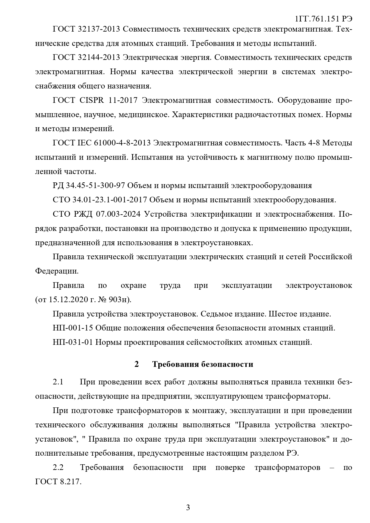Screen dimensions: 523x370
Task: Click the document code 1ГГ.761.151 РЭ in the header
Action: pos(323,19)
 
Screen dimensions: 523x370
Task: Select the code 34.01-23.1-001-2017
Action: pos(109,200)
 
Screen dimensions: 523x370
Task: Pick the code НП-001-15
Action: pos(73,328)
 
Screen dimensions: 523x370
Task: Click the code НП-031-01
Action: pos(73,342)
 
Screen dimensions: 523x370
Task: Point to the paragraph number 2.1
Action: pos(58,382)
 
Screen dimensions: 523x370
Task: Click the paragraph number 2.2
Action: pos(58,467)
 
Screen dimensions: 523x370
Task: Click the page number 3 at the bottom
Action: pos(188,508)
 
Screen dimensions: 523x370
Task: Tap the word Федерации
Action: pos(57,271)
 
